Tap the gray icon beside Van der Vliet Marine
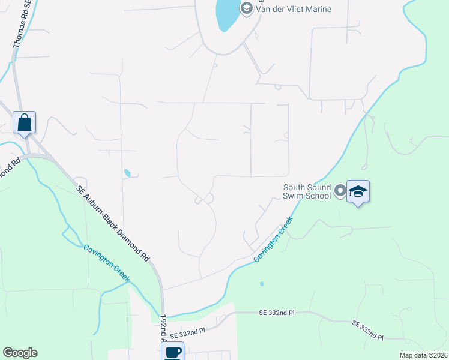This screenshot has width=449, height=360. pos(246,8)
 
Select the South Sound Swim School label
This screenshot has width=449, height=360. pos(307,191)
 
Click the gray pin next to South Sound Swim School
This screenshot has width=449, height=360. pos(340,191)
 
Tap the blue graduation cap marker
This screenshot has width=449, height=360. pos(358,191)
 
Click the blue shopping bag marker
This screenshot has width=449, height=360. pos(25,122)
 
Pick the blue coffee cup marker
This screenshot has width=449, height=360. pos(173,352)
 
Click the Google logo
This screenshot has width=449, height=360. pos(20,353)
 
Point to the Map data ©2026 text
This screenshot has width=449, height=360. pos(423,355)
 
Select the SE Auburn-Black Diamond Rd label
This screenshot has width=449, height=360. pos(112,222)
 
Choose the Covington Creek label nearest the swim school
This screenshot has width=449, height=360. pos(273,239)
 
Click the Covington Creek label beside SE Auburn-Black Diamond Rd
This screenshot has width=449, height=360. pos(106,264)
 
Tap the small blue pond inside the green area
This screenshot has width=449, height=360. pos(261,284)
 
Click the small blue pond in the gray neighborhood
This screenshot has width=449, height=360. pos(127,173)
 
